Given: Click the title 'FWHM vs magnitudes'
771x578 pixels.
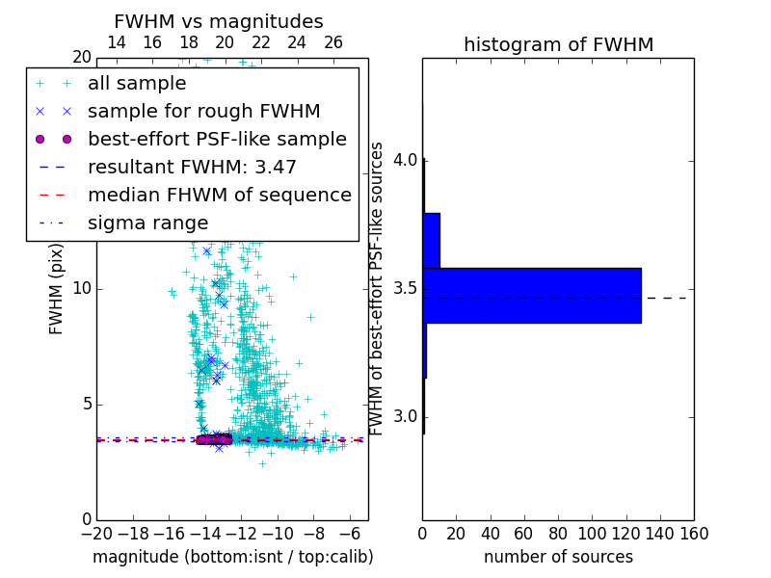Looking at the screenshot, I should (x=218, y=21).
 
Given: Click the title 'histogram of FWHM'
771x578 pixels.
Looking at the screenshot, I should (x=558, y=44).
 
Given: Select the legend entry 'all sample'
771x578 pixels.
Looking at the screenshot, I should (x=136, y=84).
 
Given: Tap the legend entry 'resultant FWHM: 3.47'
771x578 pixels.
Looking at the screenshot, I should (x=192, y=167).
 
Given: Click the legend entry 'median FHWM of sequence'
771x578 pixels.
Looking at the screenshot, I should (x=219, y=195).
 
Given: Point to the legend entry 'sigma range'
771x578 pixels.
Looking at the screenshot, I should (x=147, y=223).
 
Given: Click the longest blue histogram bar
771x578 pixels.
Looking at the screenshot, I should (x=531, y=295).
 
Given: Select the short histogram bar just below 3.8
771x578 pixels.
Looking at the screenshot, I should (x=431, y=240).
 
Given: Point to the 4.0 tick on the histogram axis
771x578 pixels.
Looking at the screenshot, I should (x=405, y=159).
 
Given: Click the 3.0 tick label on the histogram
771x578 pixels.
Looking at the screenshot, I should (x=405, y=416).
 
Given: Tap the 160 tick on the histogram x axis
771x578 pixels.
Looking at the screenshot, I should (x=694, y=533).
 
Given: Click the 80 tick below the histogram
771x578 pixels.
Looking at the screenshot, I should (x=558, y=533).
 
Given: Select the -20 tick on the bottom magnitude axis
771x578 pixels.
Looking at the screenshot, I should (x=96, y=533).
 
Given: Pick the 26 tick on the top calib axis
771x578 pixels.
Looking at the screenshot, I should (x=333, y=42).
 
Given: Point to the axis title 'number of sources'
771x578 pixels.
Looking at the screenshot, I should (x=558, y=557).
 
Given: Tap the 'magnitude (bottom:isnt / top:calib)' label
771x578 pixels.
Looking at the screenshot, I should (x=232, y=557).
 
